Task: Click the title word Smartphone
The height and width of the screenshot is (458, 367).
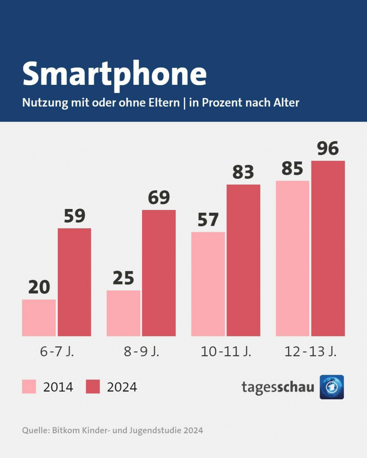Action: coord(114,74)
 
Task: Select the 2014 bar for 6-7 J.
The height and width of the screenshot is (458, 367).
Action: coord(39,318)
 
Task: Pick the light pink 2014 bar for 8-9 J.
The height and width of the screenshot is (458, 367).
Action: coord(123,313)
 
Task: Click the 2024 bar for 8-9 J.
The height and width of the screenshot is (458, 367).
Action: coord(159,273)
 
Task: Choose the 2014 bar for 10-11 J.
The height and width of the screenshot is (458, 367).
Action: coord(208,284)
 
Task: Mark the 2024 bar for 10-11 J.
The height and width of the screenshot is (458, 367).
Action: coord(243,260)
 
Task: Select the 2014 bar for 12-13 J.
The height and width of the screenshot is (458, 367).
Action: coord(292,258)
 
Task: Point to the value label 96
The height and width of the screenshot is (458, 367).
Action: coord(328,148)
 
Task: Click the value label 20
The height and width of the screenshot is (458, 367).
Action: coord(39,287)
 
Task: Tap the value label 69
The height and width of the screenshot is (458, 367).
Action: coord(159,198)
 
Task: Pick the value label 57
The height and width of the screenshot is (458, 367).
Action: coord(208,220)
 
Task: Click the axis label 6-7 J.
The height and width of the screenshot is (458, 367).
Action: coord(57,352)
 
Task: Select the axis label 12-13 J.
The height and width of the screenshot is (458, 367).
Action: coord(310,352)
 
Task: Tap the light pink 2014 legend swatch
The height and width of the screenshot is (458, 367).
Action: coord(29,387)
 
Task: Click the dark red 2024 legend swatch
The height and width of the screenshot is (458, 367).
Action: coord(93,387)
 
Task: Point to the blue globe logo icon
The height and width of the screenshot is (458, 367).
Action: coord(332,387)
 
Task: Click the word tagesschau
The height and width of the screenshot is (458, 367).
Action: coord(278,387)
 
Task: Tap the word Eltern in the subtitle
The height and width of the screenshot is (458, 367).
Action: coord(164,103)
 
